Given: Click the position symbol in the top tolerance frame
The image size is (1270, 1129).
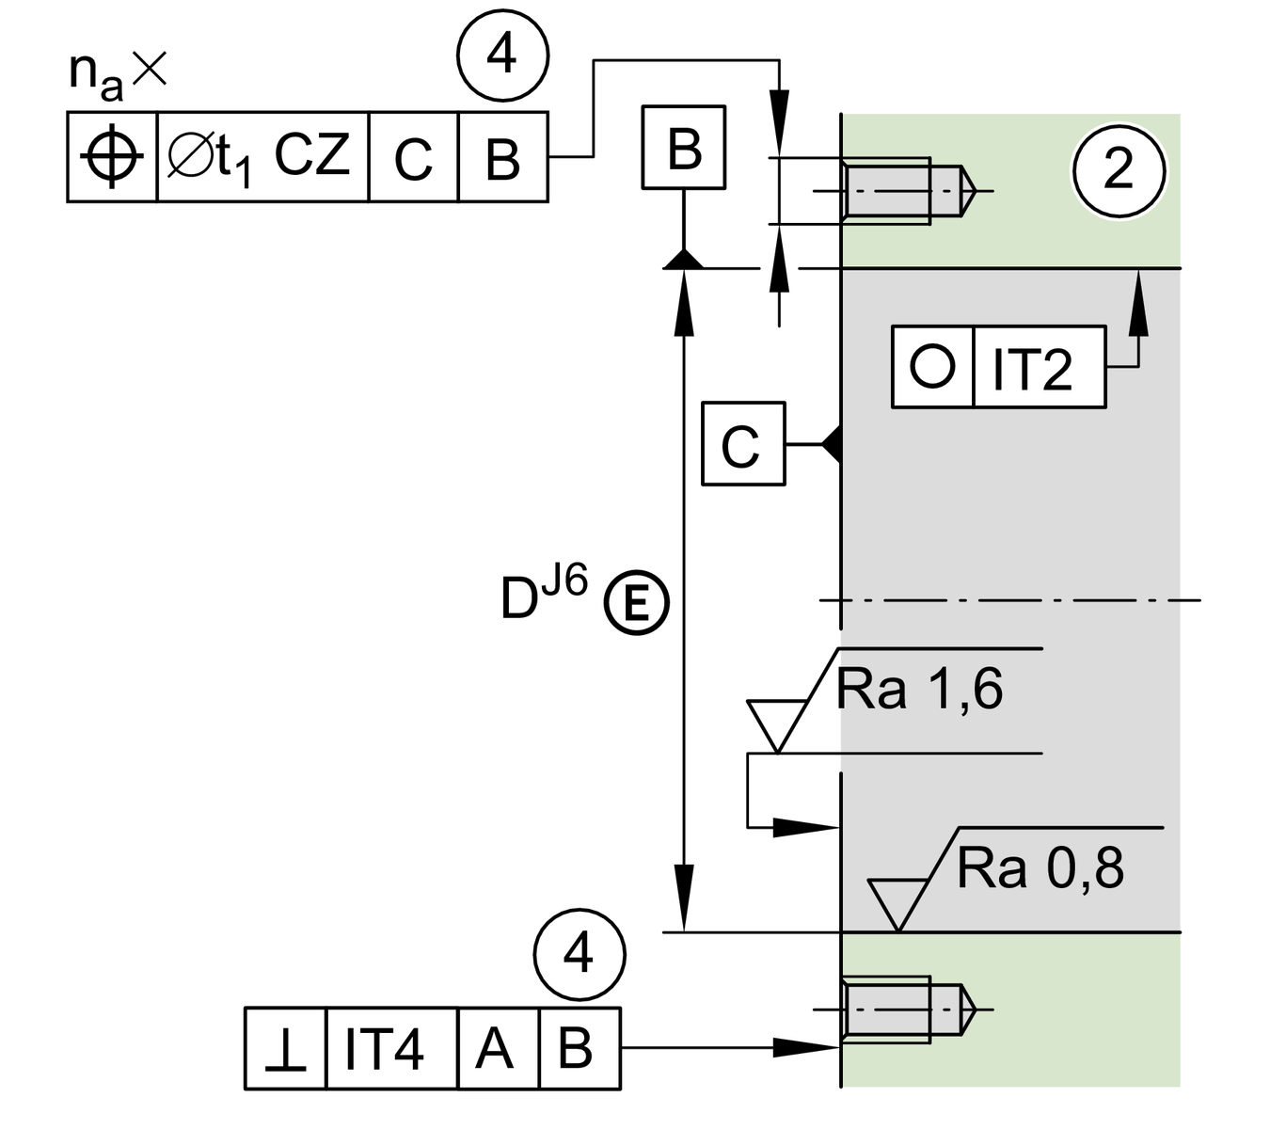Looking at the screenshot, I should pyautogui.click(x=112, y=157).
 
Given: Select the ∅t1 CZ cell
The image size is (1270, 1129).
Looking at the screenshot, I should pyautogui.click(x=262, y=157).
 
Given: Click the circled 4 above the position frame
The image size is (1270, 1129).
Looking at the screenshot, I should pyautogui.click(x=502, y=56).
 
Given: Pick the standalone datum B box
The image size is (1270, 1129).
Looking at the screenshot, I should pyautogui.click(x=684, y=147).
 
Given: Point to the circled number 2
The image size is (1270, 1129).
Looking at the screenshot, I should pyautogui.click(x=1119, y=170).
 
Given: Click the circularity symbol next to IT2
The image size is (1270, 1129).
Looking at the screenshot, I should pyautogui.click(x=932, y=366).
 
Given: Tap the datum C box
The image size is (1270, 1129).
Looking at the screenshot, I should pyautogui.click(x=742, y=444).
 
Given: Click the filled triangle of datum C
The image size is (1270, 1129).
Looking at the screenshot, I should pyautogui.click(x=831, y=443).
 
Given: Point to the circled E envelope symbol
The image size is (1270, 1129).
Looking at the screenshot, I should pyautogui.click(x=636, y=602).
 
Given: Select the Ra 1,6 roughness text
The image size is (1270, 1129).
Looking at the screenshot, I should pyautogui.click(x=919, y=690).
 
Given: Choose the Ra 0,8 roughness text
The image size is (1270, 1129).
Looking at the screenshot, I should pyautogui.click(x=1040, y=867).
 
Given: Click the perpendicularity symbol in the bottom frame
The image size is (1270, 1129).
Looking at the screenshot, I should pyautogui.click(x=285, y=1049).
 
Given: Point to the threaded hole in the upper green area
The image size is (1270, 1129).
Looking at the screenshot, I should pyautogui.click(x=903, y=191).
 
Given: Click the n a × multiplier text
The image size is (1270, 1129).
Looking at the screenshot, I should pyautogui.click(x=118, y=73).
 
